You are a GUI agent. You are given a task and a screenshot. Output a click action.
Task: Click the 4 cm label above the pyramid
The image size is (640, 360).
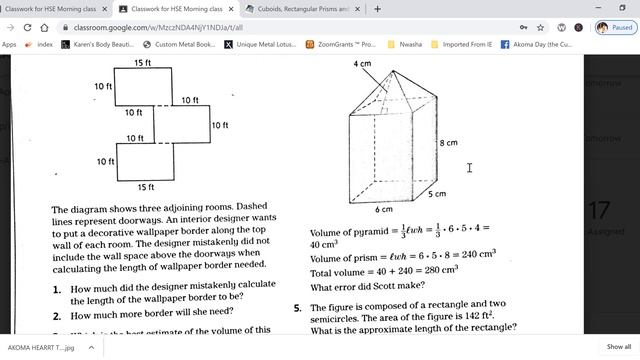point(361,64)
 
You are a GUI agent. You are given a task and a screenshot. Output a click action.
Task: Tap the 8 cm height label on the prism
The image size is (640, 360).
point(449,143)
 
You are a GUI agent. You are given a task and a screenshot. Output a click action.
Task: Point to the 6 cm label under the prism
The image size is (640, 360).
point(384,210)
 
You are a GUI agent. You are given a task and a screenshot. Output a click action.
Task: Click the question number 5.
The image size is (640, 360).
point(297,308)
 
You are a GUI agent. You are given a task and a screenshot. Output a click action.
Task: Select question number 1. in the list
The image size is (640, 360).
point(57,287)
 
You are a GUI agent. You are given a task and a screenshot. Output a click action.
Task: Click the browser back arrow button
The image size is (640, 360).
point(12,28)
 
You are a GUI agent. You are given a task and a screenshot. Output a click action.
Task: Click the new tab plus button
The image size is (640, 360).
point(377,9)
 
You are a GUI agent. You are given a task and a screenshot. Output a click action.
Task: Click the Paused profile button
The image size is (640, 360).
point(614,28)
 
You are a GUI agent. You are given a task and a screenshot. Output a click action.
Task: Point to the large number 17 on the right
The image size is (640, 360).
point(598,211)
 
